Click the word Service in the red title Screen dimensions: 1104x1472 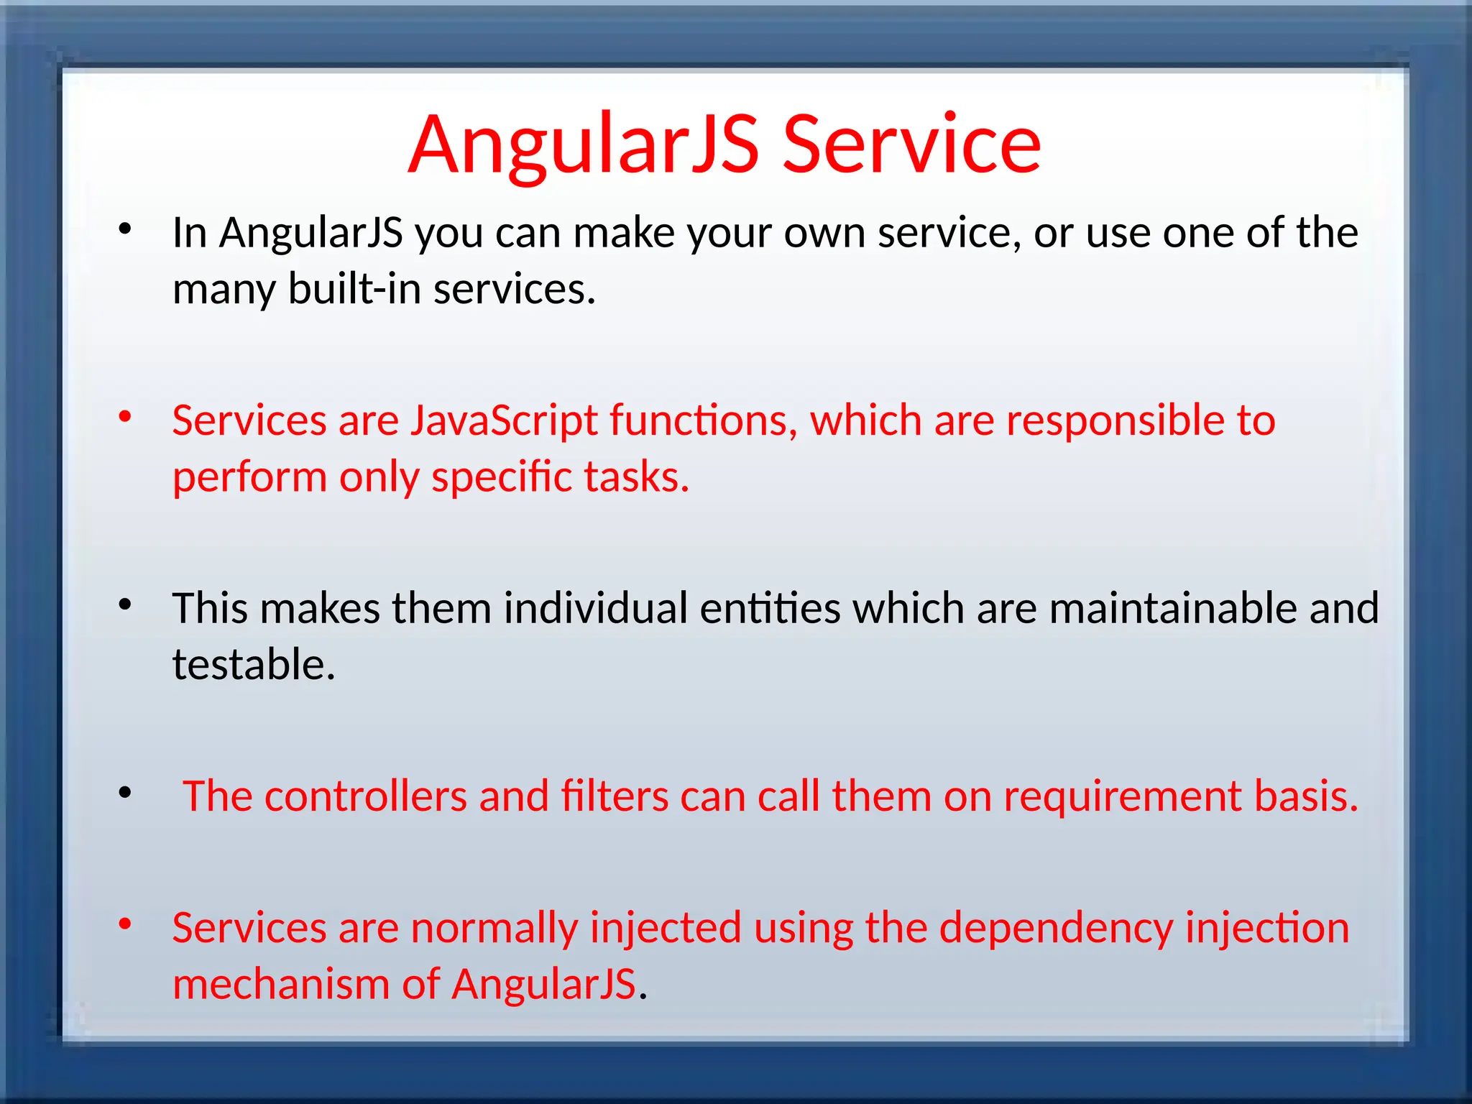point(911,145)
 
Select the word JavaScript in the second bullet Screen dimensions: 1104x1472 point(504,420)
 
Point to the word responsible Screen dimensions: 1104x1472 point(1115,420)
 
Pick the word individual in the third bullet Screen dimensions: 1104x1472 point(596,608)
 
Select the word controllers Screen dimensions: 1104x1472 point(366,796)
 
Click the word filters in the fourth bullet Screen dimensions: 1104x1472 point(615,796)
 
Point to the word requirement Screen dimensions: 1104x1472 point(1122,796)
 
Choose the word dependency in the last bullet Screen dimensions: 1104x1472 point(1056,928)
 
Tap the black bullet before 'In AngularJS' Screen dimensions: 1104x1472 point(125,229)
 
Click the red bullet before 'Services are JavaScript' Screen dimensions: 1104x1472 point(125,416)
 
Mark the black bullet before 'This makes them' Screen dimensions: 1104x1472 point(125,604)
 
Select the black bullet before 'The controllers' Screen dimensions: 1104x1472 point(125,793)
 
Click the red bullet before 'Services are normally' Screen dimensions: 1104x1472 point(125,924)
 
